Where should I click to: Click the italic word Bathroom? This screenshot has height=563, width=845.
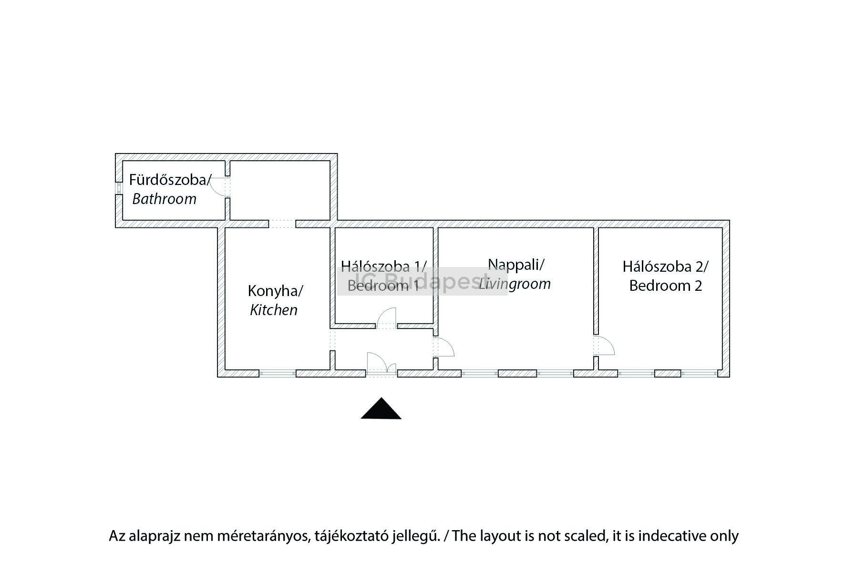click(164, 199)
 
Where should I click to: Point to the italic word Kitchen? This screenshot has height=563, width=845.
click(274, 310)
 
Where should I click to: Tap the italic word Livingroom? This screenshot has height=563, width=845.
click(515, 284)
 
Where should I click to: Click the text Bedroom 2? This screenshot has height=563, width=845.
click(665, 286)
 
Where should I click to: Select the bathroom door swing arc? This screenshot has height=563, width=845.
click(218, 186)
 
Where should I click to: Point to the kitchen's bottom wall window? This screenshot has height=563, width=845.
click(278, 373)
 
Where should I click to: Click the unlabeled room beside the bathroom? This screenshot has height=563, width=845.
click(280, 190)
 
